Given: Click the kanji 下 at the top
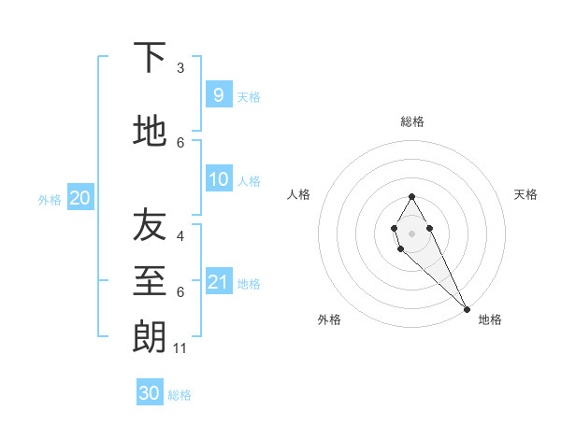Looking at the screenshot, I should [150, 58].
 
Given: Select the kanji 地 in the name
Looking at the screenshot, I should [150, 132].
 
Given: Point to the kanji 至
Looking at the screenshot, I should [150, 280].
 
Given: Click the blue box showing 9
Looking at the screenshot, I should [218, 94].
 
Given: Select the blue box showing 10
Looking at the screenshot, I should [218, 179].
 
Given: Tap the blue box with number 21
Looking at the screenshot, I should [218, 282].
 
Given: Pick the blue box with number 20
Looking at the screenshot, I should [80, 198].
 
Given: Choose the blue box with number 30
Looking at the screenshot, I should [150, 393].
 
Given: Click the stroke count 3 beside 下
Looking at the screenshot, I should [180, 68].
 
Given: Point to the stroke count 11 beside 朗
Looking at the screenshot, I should [181, 348].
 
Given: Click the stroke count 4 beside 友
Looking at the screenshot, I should [180, 236].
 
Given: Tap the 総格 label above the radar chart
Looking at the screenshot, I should [412, 121].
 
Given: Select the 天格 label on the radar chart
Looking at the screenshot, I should [525, 194].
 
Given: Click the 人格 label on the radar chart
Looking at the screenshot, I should [298, 194].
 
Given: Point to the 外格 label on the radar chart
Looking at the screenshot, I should [329, 319].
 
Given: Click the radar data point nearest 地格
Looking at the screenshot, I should [467, 309].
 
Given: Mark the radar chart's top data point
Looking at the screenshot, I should [411, 196].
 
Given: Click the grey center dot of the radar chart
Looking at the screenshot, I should [411, 233].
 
